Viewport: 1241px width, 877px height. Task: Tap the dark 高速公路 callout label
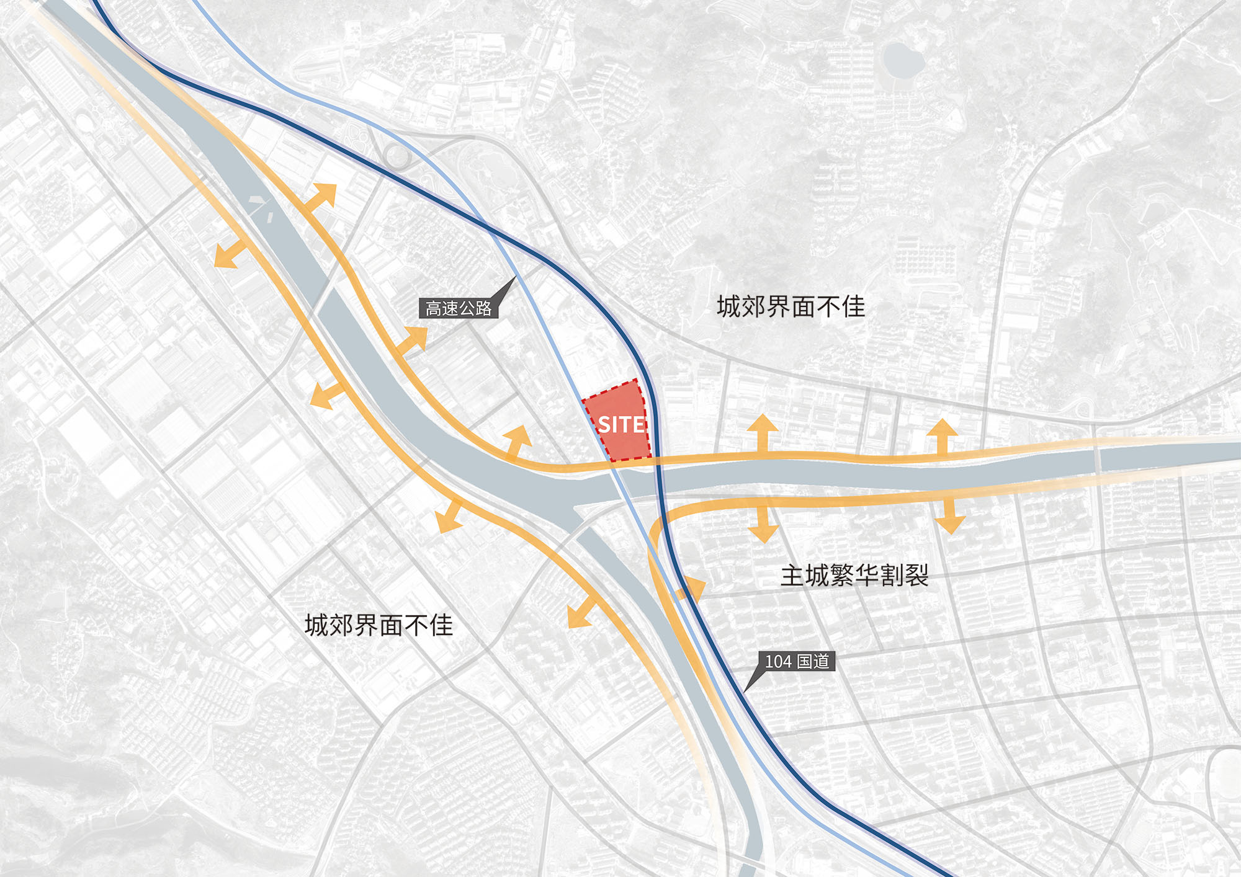point(459,308)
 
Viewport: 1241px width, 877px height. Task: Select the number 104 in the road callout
point(778,662)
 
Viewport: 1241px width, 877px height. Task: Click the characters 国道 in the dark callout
point(813,662)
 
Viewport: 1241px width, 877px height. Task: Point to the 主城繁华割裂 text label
point(854,576)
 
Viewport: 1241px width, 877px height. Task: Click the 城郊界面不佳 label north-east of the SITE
point(791,306)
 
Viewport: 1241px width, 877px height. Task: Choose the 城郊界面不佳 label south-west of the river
point(379,625)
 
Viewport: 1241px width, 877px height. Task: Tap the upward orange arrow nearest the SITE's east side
point(763,432)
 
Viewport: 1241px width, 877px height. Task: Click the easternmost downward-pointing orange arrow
point(949,516)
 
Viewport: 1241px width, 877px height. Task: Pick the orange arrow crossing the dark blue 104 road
point(691,590)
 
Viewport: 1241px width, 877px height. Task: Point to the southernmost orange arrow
point(581,613)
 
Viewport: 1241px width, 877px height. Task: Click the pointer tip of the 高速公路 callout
point(515,277)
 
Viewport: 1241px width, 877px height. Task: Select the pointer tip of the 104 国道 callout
point(745,691)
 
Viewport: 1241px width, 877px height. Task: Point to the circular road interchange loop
point(397,156)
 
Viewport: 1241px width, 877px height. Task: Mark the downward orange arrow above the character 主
point(763,526)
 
